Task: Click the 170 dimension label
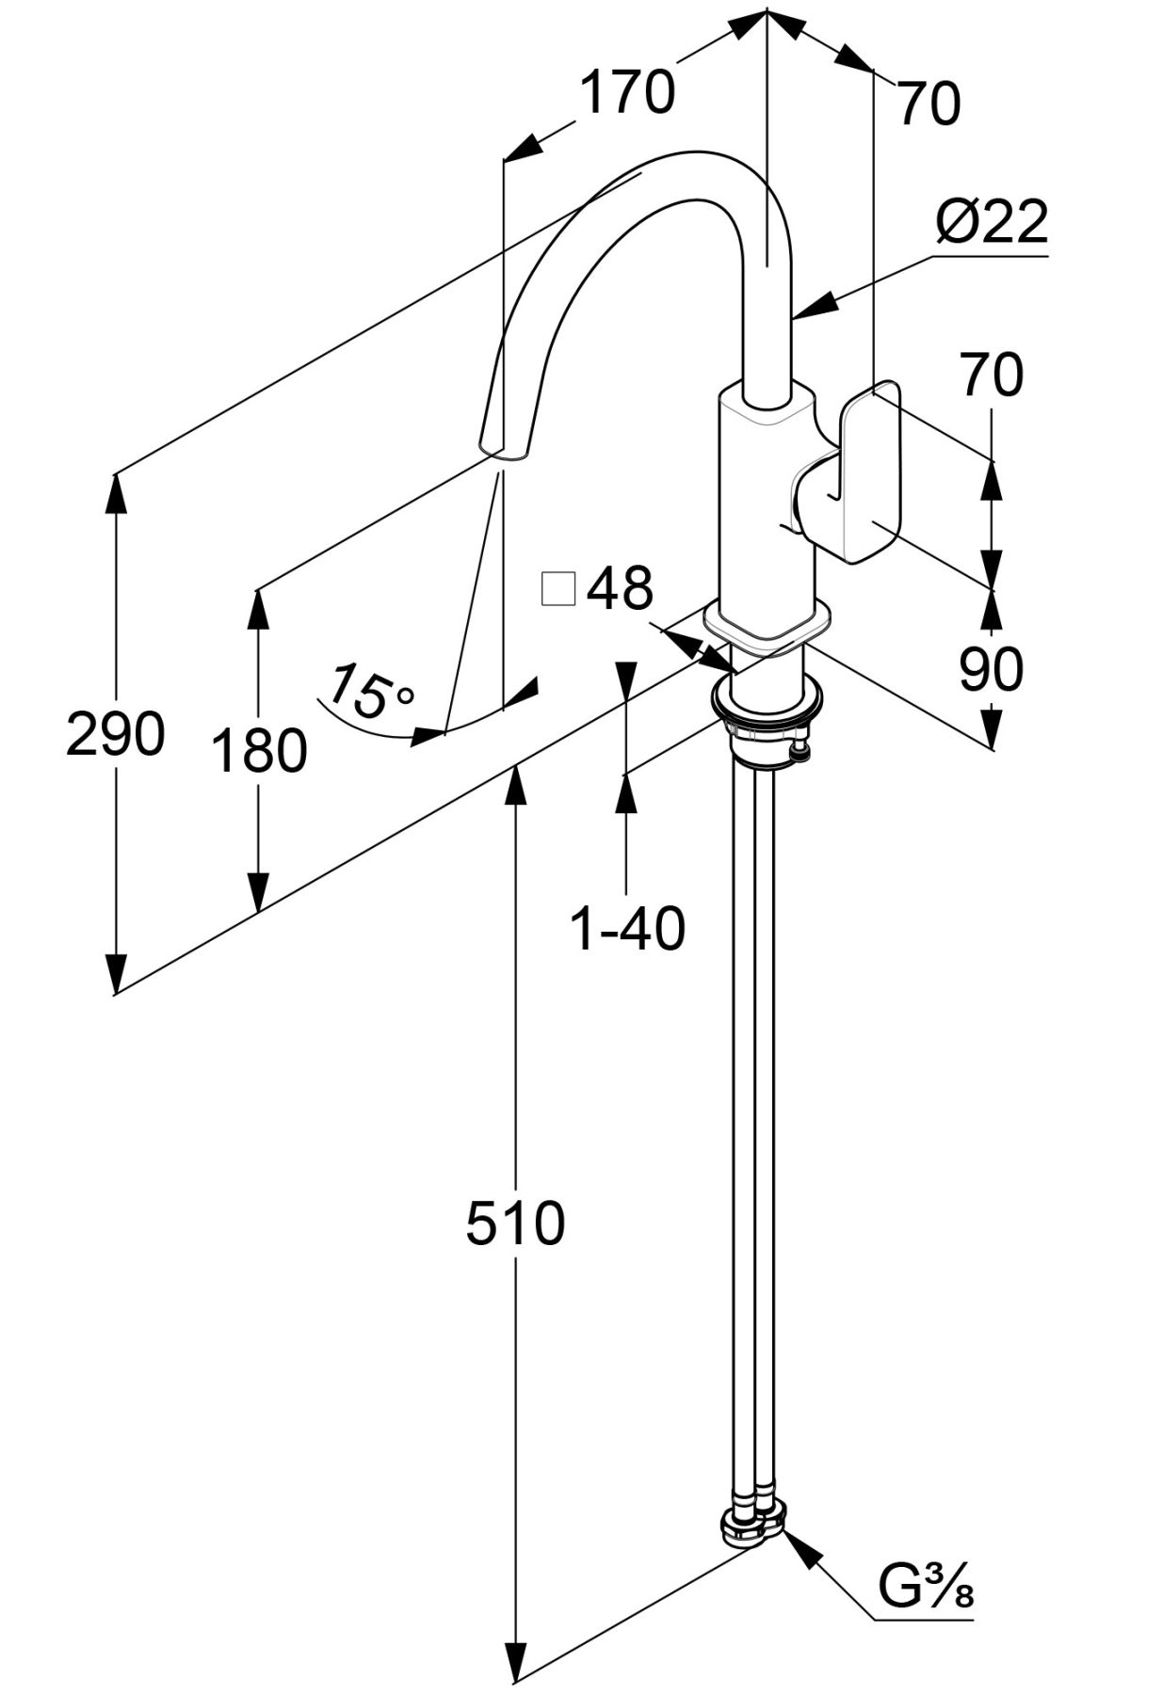point(626,93)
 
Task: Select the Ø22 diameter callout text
point(991,223)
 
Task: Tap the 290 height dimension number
point(115,734)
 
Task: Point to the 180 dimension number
point(258,751)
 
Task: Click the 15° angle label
point(370,691)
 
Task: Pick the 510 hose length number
point(515,1224)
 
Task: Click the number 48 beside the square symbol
point(620,589)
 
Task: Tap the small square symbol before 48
point(558,589)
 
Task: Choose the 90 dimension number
point(991,670)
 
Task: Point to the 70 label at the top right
point(928,104)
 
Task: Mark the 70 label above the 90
point(991,375)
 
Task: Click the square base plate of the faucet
point(768,629)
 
